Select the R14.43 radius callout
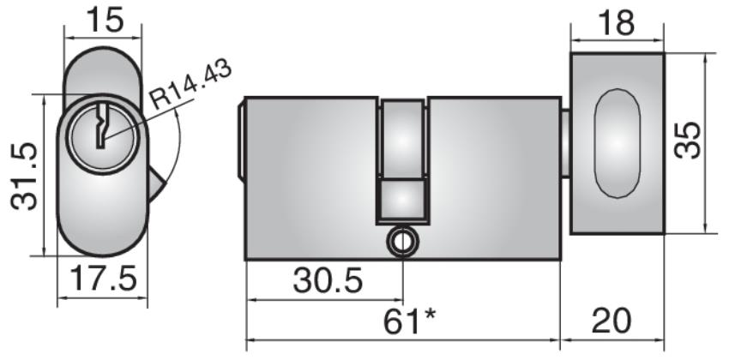point(190,84)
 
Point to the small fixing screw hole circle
point(401,243)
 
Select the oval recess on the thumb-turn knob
point(616,143)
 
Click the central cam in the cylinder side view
point(402,159)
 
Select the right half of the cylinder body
point(493,171)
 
